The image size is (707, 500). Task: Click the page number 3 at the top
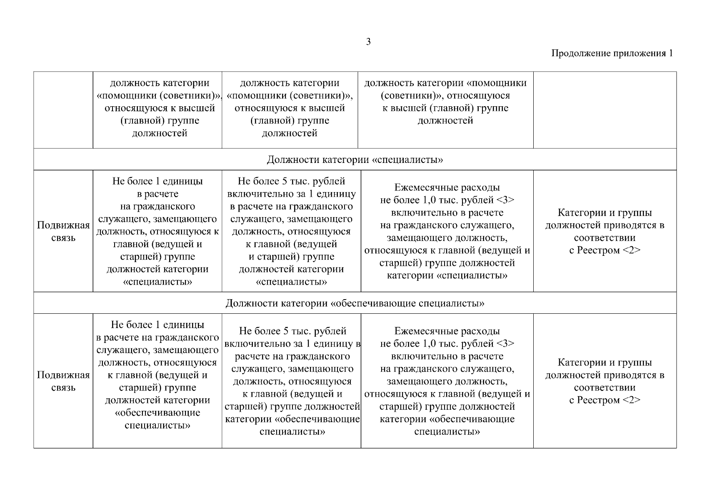tap(368, 42)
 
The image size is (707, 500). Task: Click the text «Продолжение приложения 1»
tap(612, 53)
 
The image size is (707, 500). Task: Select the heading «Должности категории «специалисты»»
tap(355, 160)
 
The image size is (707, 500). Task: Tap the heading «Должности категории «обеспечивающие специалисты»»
tap(355, 303)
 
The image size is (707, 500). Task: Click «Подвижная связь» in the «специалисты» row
tap(63, 232)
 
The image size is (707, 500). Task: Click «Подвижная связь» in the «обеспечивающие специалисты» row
tap(63, 381)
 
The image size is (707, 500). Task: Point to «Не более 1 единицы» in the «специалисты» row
tap(157, 182)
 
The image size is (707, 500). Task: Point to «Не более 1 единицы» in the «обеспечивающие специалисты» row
tap(157, 325)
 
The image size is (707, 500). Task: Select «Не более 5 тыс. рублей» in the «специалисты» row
tap(291, 182)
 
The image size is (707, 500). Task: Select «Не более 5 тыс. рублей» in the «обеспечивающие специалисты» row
tap(292, 331)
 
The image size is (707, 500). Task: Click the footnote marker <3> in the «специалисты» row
tap(505, 200)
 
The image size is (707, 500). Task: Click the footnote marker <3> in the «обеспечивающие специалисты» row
tap(505, 344)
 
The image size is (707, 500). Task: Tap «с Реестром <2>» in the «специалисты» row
tap(605, 250)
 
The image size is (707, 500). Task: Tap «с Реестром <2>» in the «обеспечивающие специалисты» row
tap(605, 400)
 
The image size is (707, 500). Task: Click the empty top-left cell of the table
tap(63, 110)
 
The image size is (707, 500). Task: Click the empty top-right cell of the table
tap(605, 110)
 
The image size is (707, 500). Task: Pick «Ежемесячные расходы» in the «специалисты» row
tap(447, 188)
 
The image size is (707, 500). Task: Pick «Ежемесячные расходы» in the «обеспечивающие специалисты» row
tap(447, 331)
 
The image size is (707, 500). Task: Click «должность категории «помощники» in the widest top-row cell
tap(445, 83)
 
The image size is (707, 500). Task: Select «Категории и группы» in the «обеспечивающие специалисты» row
tap(605, 362)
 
